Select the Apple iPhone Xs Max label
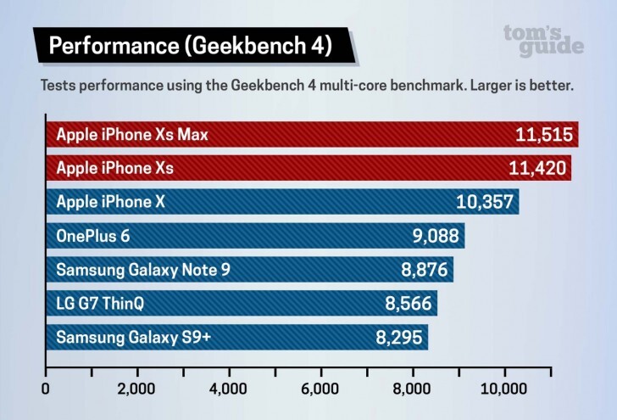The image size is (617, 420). (x=131, y=134)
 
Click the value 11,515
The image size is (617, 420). (x=545, y=134)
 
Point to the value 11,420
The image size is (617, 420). (x=538, y=168)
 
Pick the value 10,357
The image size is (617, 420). (x=486, y=202)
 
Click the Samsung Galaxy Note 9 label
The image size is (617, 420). (x=142, y=270)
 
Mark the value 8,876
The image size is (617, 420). (x=424, y=270)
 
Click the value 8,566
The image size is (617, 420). (x=408, y=303)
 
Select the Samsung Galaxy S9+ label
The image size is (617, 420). (x=135, y=337)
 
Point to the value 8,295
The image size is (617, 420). (x=398, y=337)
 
